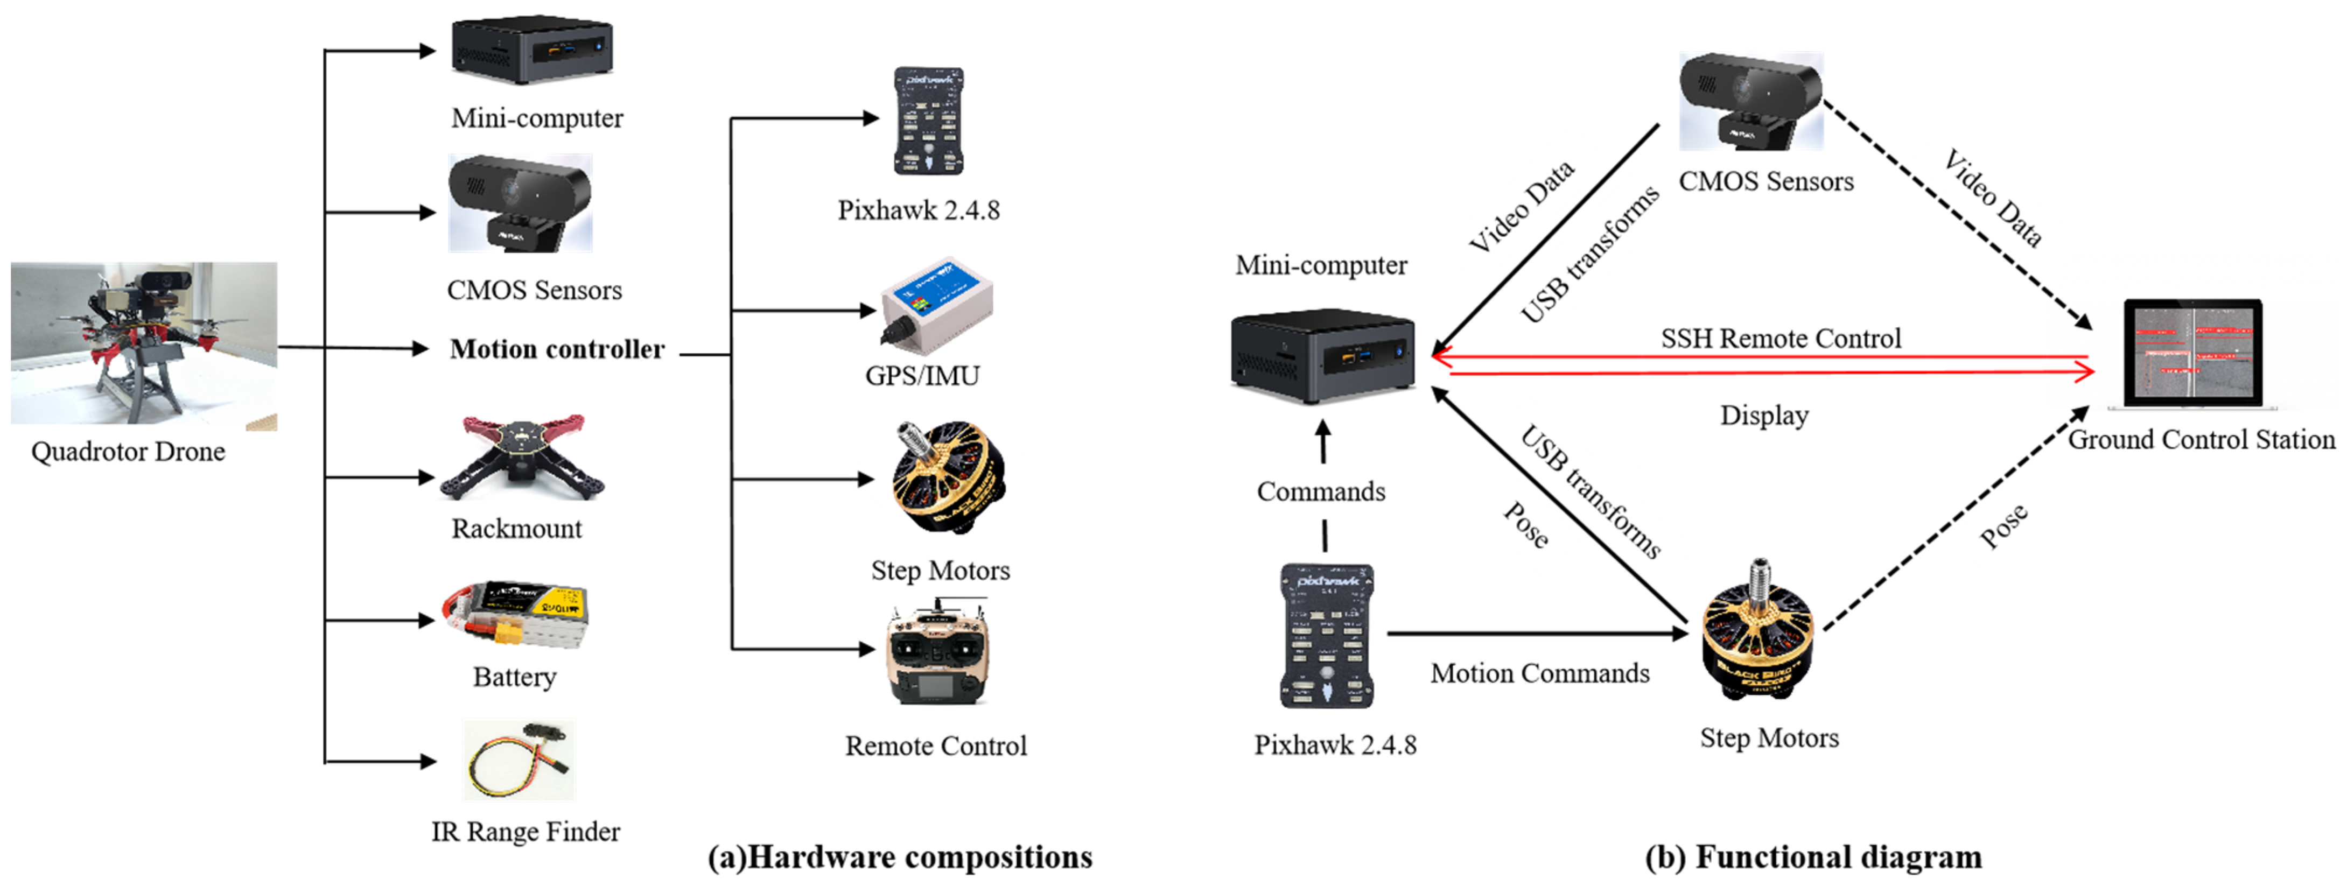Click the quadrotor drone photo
point(144,344)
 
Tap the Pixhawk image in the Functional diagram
point(1327,636)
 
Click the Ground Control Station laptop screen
point(2192,353)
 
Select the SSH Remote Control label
point(1780,339)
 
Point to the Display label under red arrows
point(1764,415)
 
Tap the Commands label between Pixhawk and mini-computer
point(1321,492)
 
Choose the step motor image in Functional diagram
point(1759,631)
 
